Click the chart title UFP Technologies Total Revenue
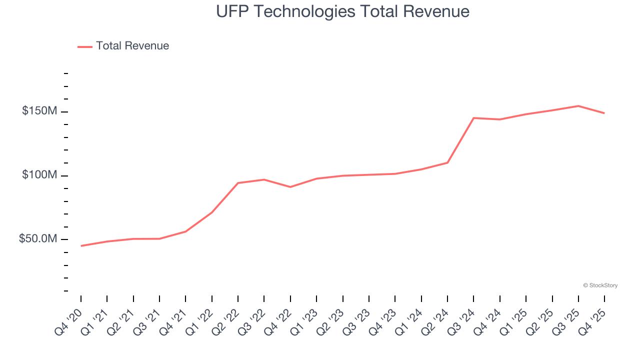pyautogui.click(x=342, y=11)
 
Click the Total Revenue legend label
pyautogui.click(x=132, y=46)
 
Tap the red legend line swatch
pyautogui.click(x=85, y=46)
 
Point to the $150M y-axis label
pyautogui.click(x=39, y=111)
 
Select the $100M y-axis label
pyautogui.click(x=39, y=175)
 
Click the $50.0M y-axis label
pyautogui.click(x=38, y=239)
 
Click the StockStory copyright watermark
pyautogui.click(x=600, y=285)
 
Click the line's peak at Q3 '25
pyautogui.click(x=578, y=106)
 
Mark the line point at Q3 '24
pyautogui.click(x=473, y=118)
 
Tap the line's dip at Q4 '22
pyautogui.click(x=290, y=187)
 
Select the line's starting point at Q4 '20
pyautogui.click(x=81, y=246)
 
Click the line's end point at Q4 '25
pyautogui.click(x=604, y=113)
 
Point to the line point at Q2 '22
pyautogui.click(x=238, y=183)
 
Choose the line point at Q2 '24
pyautogui.click(x=447, y=162)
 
